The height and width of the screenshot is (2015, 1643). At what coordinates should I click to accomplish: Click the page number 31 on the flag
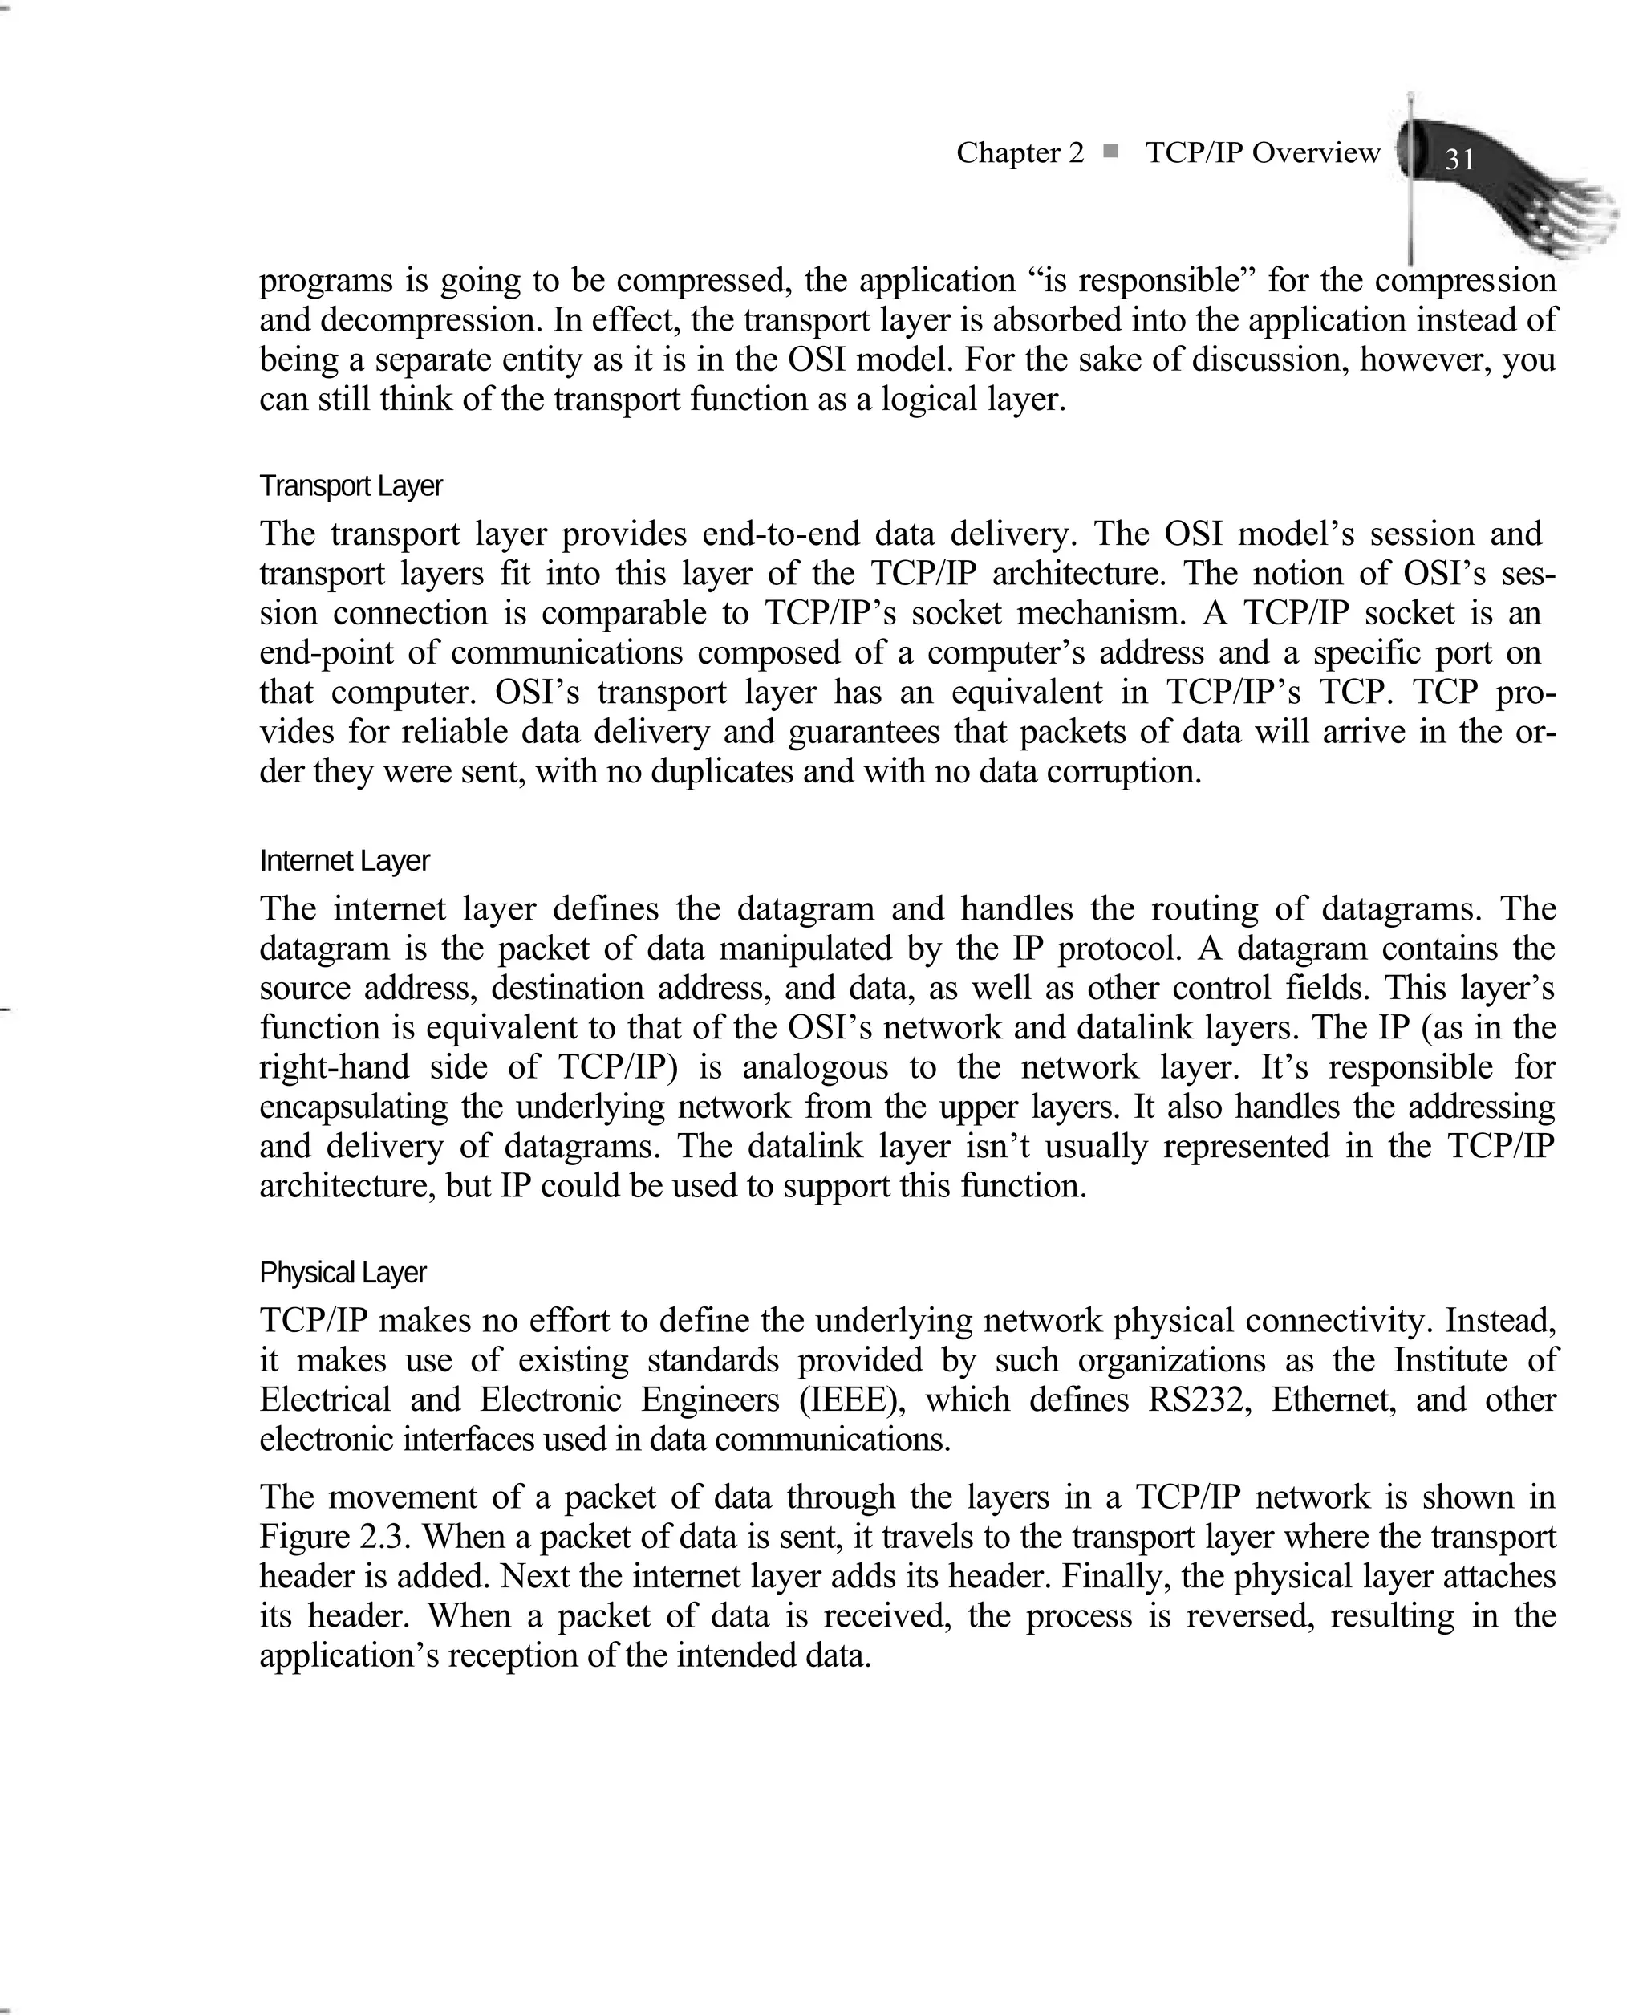pos(1460,159)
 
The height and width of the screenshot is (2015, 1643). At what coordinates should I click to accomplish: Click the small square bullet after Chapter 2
pos(1110,151)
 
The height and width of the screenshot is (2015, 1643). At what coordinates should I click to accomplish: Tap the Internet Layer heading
pos(343,860)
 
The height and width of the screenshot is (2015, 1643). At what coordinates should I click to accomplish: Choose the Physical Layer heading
pos(342,1272)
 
